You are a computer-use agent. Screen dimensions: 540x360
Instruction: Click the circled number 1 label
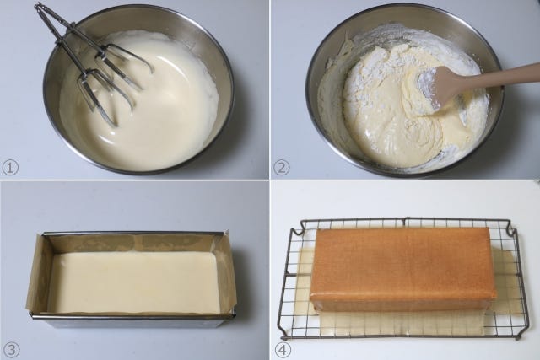(x=10, y=169)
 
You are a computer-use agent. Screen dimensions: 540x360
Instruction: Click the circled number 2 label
(x=282, y=169)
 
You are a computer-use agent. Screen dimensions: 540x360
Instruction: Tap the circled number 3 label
(x=11, y=350)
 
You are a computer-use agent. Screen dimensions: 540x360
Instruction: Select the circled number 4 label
(x=283, y=350)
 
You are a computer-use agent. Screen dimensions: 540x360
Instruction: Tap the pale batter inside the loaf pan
(x=133, y=282)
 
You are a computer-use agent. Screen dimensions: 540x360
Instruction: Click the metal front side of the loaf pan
(x=133, y=322)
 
